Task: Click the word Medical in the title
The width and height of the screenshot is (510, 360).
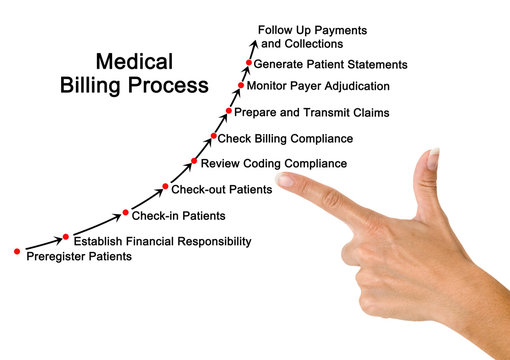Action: (x=134, y=61)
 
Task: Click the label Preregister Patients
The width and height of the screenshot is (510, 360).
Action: (x=78, y=257)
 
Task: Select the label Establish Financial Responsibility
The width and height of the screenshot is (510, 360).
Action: (x=162, y=241)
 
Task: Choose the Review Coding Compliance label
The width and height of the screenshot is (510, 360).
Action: (x=274, y=163)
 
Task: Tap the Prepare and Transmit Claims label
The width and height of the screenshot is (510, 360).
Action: (x=311, y=112)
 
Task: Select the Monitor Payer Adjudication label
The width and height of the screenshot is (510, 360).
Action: (x=319, y=86)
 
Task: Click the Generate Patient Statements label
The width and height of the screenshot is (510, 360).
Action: (x=330, y=64)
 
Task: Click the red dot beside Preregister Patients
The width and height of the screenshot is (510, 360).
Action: (x=17, y=252)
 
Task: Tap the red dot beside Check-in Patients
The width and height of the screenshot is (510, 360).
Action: (x=126, y=212)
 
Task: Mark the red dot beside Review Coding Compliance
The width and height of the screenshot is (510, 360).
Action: (x=193, y=161)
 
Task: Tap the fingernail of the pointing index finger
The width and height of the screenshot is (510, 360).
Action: (x=288, y=181)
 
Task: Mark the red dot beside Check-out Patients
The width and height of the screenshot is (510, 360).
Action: (x=165, y=186)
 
